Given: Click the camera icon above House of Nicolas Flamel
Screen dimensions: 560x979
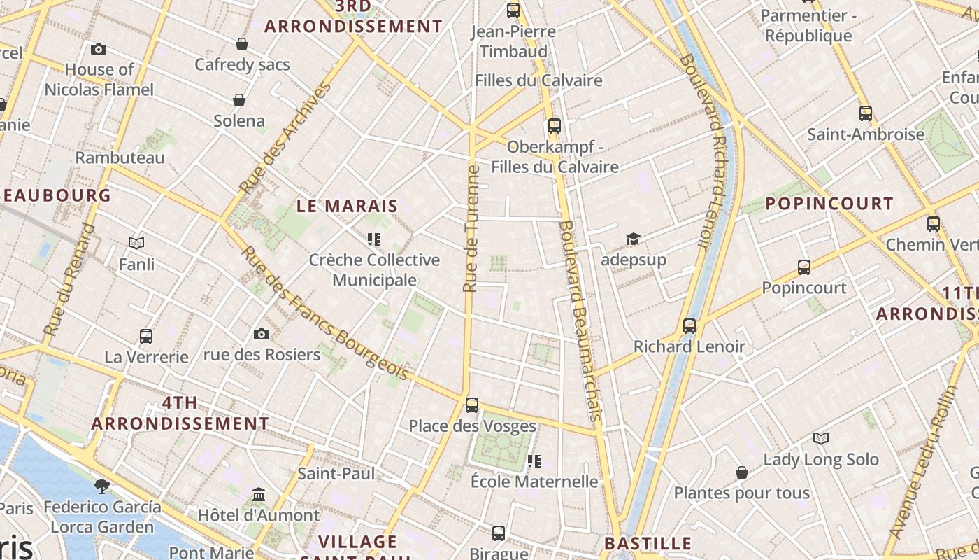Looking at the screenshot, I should pos(99,49).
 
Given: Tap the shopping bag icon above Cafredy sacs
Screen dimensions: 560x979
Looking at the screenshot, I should pos(242,44).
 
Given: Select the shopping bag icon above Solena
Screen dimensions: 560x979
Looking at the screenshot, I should pos(239,100).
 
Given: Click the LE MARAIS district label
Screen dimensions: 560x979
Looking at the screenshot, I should pos(347,206).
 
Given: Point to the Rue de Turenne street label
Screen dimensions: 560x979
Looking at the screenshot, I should pos(472,229).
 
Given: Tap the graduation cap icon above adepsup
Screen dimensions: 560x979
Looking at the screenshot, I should pos(633,239).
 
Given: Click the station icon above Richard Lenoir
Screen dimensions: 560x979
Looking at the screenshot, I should pos(689,325).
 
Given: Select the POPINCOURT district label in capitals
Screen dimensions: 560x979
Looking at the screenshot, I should pos(829,204).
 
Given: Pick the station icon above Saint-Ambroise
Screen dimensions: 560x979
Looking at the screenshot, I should pos(866,113).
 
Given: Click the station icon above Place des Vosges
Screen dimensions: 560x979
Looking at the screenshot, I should pos(472,405).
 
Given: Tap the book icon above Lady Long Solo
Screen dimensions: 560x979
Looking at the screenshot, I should pos(821,439).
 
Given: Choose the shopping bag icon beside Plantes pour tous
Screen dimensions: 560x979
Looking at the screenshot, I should pos(742,473).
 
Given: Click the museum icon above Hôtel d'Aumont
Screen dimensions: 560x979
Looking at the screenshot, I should pos(259,495).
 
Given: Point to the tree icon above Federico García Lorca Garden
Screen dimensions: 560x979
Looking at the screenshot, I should pos(102,486).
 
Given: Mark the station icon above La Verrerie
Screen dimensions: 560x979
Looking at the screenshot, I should pos(146,336).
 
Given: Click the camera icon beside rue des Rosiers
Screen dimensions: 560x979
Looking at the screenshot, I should pos(262,334).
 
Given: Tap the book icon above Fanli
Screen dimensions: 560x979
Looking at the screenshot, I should pos(136,244).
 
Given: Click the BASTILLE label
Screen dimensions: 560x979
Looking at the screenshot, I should pos(648,543).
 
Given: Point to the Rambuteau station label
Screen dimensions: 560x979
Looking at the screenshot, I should pos(120,157).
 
